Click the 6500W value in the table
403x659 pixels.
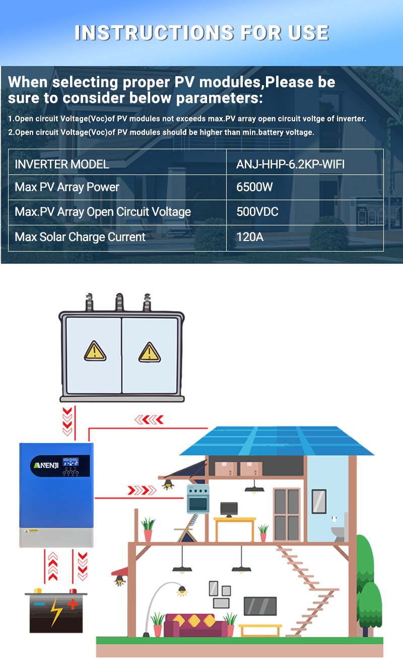coord(254,187)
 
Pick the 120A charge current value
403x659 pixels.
coord(250,237)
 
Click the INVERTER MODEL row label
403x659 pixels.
coord(62,164)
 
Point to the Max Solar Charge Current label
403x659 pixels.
coord(80,237)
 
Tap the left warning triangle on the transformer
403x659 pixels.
coord(95,351)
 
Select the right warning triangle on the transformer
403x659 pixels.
coord(150,352)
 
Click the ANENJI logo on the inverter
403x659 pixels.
coord(46,465)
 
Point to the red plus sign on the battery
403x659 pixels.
coord(73,605)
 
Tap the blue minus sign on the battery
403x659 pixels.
coord(39,604)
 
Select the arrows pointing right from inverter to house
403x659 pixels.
coord(142,491)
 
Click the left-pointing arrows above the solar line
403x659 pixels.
coord(149,420)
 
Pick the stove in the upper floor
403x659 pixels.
coord(198,499)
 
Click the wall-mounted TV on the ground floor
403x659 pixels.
coord(260,606)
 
